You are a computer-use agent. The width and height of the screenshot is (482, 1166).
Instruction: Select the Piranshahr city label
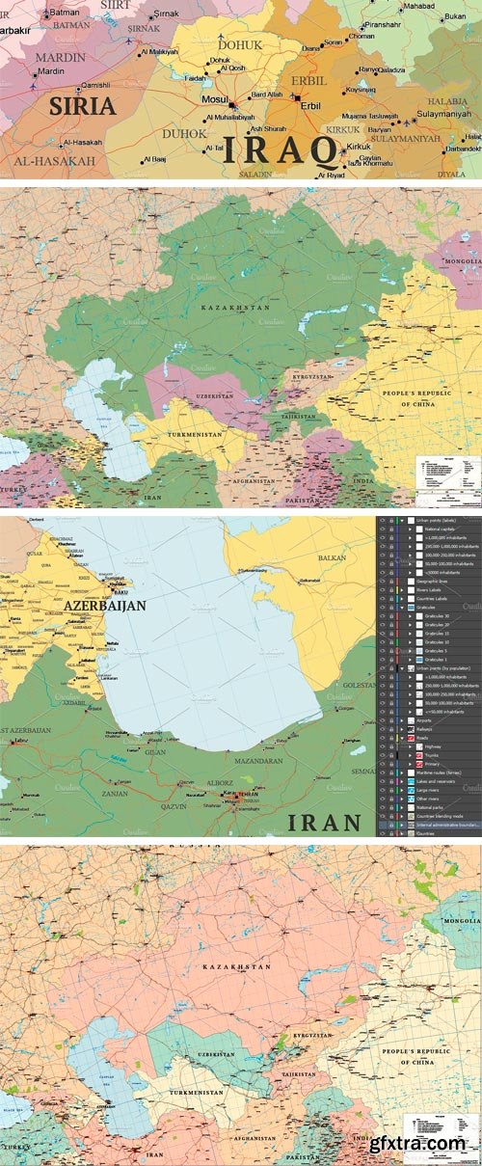click(383, 23)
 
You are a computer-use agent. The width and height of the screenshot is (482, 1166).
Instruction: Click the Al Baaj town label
click(156, 158)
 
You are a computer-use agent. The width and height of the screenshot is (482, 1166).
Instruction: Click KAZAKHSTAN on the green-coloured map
click(235, 306)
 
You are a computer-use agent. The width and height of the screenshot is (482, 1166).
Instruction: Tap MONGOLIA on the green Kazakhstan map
click(461, 261)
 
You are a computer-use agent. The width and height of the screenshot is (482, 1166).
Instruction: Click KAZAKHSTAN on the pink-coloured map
click(235, 964)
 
